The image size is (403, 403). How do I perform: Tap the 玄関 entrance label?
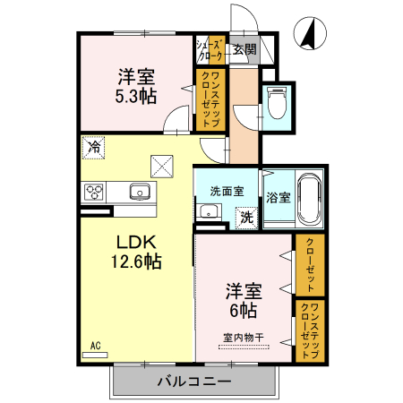pyautogui.click(x=244, y=50)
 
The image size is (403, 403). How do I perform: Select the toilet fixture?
pyautogui.click(x=277, y=102)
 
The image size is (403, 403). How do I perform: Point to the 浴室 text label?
pyautogui.click(x=279, y=197)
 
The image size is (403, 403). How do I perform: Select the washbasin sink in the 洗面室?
pyautogui.click(x=209, y=212)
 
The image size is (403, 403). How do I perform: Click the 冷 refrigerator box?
pyautogui.click(x=93, y=145)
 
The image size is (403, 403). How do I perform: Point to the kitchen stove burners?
pyautogui.click(x=94, y=191)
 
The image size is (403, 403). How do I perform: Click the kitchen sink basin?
pyautogui.click(x=139, y=190)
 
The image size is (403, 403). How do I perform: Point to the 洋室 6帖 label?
pyautogui.click(x=242, y=301)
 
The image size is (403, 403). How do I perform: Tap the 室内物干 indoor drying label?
pyautogui.click(x=243, y=338)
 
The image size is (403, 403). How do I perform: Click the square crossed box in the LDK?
pyautogui.click(x=162, y=167)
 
